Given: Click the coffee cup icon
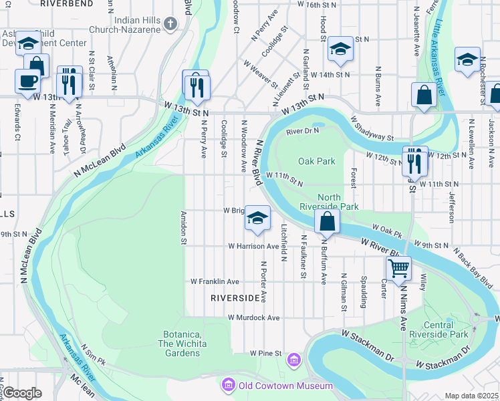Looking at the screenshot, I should pos(27,81).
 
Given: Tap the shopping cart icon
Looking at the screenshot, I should pos(398,269).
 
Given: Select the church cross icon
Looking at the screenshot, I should pos(170,25).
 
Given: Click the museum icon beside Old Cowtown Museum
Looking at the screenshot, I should pos(229,386).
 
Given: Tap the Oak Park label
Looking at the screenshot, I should pos(316,161).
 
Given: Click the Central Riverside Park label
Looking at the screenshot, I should pos(447,329).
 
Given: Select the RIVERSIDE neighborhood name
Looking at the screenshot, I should pos(235,297).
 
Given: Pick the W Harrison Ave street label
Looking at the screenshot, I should pos(253,246).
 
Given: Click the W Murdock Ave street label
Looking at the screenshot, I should pos(253,317).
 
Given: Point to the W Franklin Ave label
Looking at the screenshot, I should pos(215,281).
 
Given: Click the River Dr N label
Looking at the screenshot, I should pos(303,132).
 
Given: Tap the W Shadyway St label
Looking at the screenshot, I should pos(372,128).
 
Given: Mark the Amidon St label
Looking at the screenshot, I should pos(182,228).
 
